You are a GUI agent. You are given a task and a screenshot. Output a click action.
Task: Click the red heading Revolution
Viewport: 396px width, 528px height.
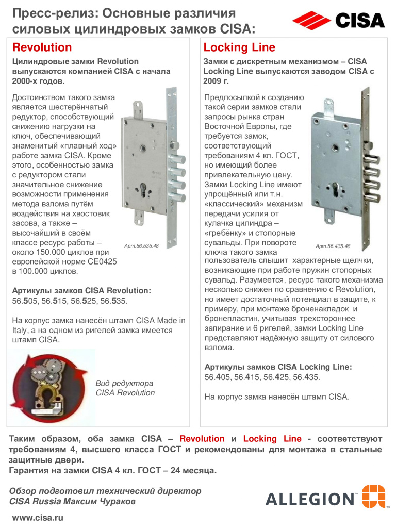42,48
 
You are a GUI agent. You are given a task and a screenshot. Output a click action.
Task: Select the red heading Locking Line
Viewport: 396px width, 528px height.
239,48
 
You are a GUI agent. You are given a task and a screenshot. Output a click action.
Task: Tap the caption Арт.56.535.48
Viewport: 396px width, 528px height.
141,245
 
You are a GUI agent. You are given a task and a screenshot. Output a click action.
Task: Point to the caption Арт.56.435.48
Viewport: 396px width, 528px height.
333,246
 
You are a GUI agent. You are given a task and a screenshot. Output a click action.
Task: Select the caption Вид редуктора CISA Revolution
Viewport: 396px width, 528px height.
125,388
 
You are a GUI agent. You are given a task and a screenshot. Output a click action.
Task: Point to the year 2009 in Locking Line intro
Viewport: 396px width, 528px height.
213,81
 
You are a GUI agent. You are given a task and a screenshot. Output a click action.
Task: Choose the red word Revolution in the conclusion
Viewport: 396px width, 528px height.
202,439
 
